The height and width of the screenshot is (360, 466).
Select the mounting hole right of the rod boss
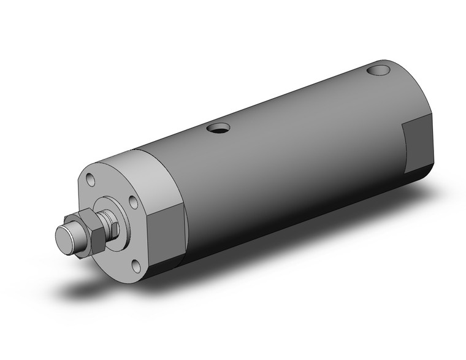pos(132,203)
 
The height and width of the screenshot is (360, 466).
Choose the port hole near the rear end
pos(378,71)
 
